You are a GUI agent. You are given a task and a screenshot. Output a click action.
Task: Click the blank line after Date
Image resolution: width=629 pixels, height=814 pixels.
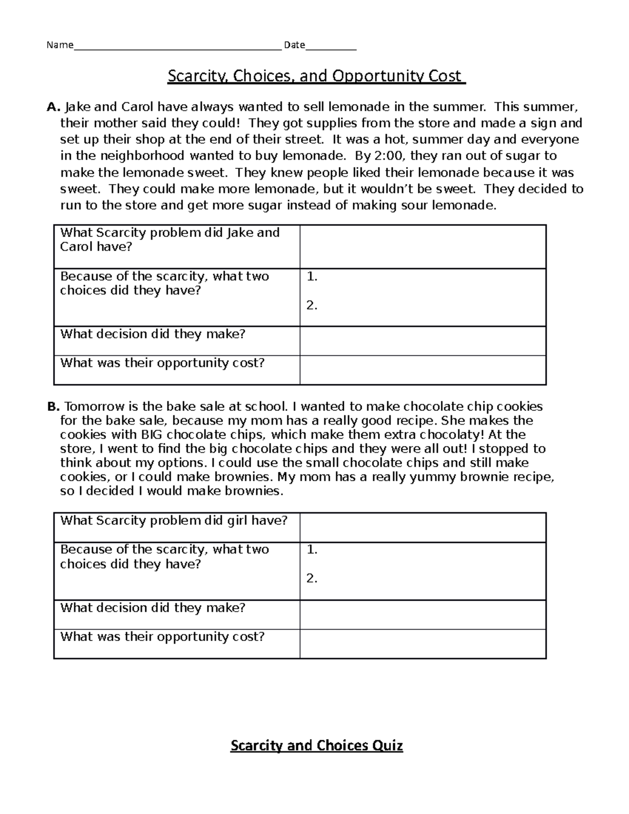[x=330, y=46]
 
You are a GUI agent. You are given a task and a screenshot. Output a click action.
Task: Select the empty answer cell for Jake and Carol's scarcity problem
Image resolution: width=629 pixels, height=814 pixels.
[x=422, y=247]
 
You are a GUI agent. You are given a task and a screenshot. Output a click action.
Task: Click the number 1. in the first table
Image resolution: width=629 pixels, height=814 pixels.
[x=312, y=277]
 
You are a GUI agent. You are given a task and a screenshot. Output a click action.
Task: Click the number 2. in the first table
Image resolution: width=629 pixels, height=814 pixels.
[x=312, y=306]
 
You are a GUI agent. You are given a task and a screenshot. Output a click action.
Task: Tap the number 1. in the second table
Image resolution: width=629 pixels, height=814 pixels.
[x=312, y=550]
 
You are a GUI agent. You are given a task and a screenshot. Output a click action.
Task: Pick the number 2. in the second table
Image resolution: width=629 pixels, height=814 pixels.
[x=312, y=579]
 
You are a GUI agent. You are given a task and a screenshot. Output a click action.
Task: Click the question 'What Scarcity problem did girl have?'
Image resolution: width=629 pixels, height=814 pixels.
[x=173, y=520]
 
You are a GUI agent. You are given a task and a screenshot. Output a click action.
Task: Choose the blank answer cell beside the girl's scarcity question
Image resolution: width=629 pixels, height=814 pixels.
[x=422, y=527]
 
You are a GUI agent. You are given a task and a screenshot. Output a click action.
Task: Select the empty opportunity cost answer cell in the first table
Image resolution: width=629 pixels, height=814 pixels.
[x=422, y=370]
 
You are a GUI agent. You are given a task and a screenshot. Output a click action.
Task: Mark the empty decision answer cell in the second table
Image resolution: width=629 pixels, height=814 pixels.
[x=422, y=615]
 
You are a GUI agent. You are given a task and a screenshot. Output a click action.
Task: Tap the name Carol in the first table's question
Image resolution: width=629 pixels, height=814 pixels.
[x=76, y=247]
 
